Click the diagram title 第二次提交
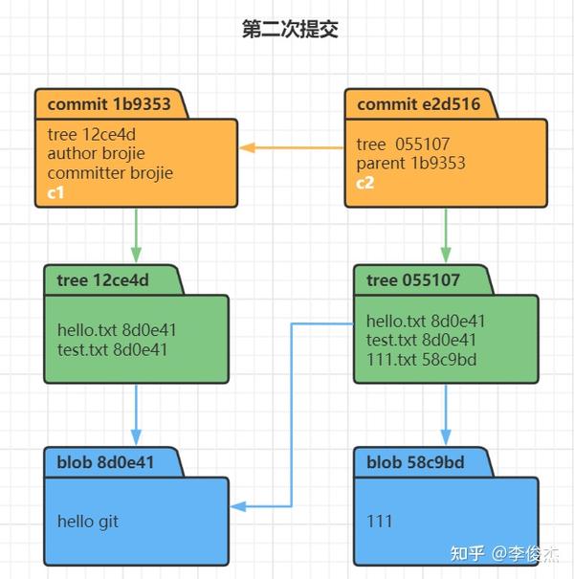coord(290,30)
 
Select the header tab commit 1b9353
coord(109,103)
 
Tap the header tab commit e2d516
coord(418,103)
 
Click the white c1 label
coord(56,191)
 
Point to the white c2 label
coord(365,184)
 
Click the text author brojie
coord(97,153)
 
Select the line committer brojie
coord(110,172)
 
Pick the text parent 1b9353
coord(410,163)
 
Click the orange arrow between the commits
coord(291,148)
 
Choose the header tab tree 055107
coord(413,279)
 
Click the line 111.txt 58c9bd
coord(421,360)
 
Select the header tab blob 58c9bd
coord(415,462)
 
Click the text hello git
coord(88,522)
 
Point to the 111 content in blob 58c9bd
coord(379,522)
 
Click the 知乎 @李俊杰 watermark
coord(505,553)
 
